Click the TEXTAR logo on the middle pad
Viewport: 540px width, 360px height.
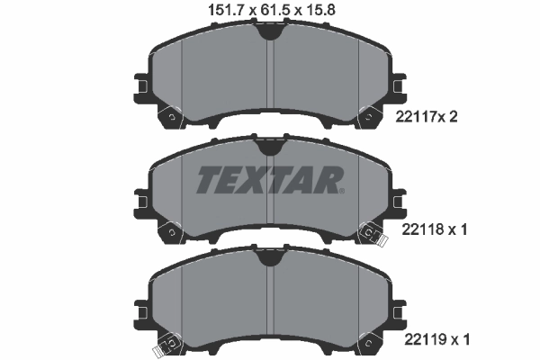point(269,180)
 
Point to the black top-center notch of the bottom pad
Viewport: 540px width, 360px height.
point(269,257)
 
